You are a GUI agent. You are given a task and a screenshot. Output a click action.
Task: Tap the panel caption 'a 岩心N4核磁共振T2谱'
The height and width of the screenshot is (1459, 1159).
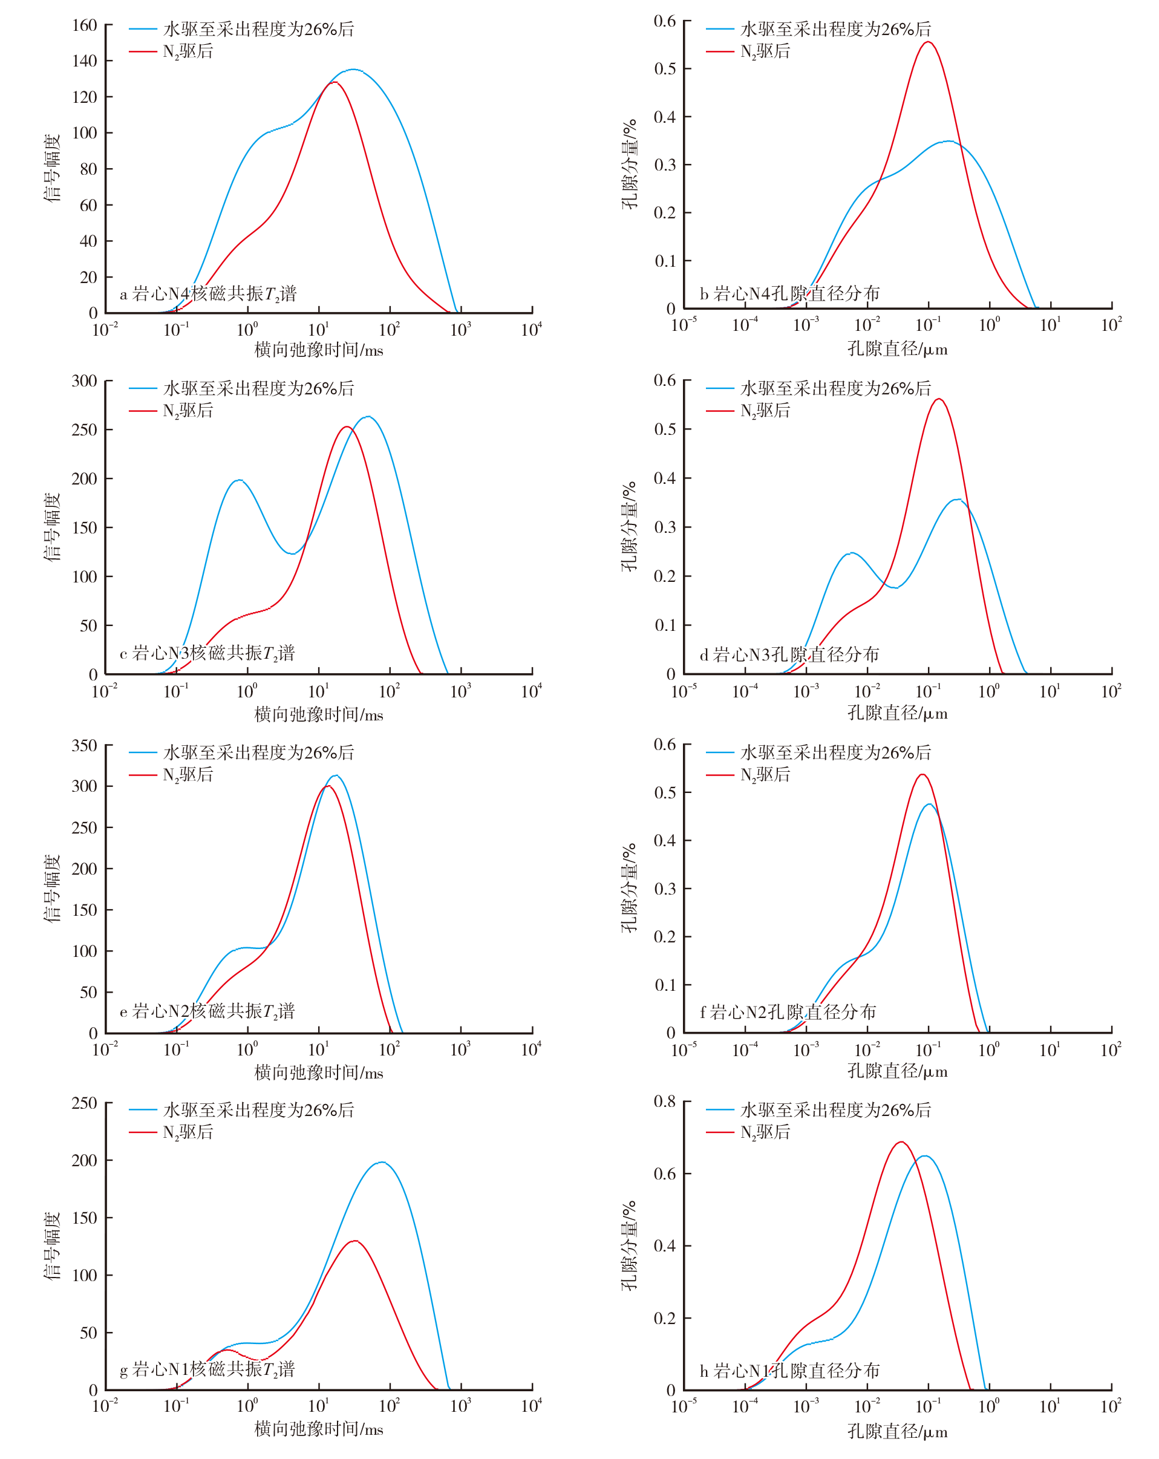click(x=208, y=294)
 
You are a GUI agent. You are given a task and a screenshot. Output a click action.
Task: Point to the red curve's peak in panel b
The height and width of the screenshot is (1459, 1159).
click(x=929, y=42)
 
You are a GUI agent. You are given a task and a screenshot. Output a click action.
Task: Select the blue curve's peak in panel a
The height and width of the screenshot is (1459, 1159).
click(x=353, y=69)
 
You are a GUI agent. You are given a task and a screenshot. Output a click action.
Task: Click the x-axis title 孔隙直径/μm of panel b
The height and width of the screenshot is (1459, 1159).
click(x=897, y=349)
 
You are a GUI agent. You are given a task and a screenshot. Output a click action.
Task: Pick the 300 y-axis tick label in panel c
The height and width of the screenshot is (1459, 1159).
click(x=85, y=381)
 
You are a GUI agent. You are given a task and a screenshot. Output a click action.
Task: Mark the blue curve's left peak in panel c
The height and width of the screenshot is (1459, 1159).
click(x=238, y=480)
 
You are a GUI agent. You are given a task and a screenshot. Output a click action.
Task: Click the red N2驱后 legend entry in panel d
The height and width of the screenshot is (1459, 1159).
click(x=765, y=411)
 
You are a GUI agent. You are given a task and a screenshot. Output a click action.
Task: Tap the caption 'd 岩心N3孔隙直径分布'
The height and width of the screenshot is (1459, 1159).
click(x=789, y=654)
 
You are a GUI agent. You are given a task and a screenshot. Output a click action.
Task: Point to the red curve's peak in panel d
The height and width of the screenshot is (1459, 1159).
click(x=938, y=399)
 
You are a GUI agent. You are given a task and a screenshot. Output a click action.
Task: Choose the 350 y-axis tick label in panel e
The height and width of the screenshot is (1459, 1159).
click(x=85, y=746)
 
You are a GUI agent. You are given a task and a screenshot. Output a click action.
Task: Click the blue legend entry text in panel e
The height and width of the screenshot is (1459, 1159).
click(x=258, y=752)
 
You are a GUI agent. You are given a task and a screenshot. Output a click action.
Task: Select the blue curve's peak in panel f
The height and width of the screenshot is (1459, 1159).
click(x=930, y=804)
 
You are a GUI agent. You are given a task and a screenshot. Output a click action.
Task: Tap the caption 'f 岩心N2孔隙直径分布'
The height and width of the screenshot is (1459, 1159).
click(x=788, y=1012)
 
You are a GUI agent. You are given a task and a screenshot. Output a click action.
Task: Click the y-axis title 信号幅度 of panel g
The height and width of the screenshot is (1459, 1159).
click(x=52, y=1246)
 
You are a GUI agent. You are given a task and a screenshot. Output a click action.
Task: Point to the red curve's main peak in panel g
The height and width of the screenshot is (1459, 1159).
click(x=354, y=1241)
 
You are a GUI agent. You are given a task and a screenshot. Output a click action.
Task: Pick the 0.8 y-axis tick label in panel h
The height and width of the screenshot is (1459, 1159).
click(x=664, y=1102)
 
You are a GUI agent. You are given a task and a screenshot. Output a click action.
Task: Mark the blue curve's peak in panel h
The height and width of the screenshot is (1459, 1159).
click(x=924, y=1156)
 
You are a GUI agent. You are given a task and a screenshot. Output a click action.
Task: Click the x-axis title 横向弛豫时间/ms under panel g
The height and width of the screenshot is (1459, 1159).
click(x=319, y=1429)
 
